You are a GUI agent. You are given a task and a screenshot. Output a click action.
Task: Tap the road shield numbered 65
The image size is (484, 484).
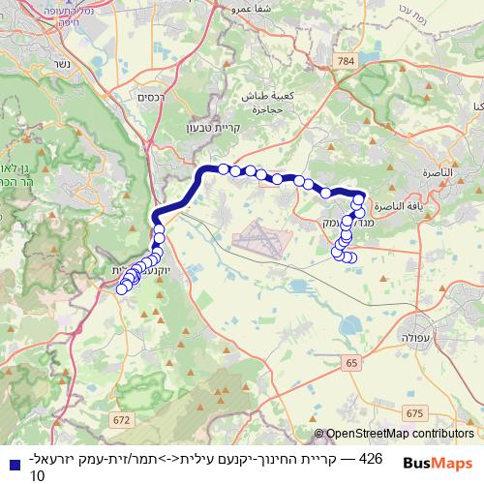tap(350, 362)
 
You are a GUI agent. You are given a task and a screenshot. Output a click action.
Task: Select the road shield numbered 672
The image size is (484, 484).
tap(120, 420)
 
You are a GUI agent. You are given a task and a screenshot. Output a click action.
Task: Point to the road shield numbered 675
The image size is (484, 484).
tap(415, 412)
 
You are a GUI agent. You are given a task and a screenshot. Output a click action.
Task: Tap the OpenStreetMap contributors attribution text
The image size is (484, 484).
tap(400, 435)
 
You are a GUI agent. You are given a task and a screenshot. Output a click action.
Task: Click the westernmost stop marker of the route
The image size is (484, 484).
tap(122, 288)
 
